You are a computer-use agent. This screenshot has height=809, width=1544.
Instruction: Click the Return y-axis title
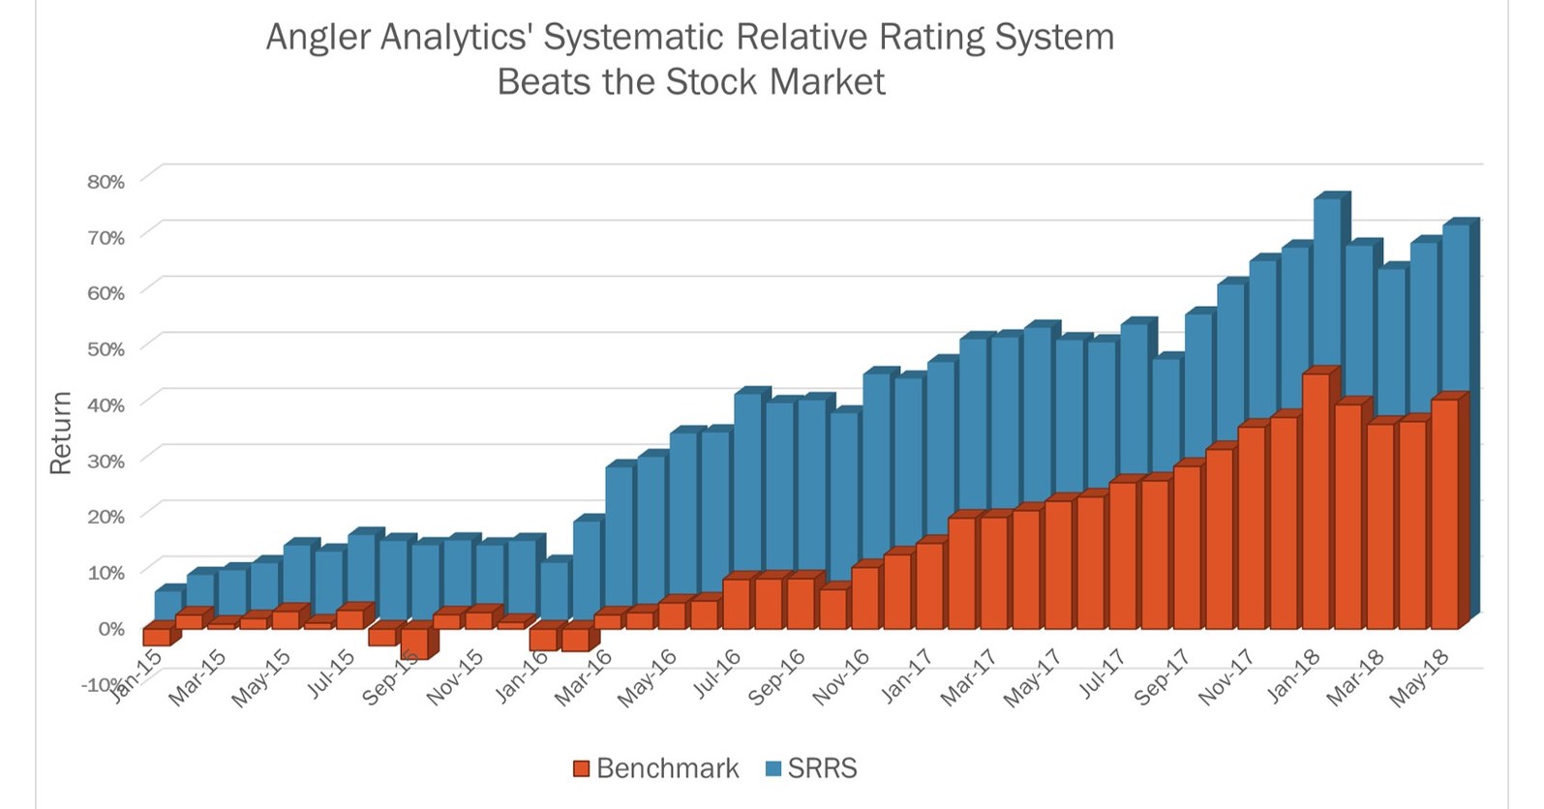tap(61, 433)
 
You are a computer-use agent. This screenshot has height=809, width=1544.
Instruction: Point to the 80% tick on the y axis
tap(106, 182)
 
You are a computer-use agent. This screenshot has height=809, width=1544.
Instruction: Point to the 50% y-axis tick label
tap(106, 349)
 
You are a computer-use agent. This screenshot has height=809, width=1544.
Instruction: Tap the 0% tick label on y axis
tap(111, 629)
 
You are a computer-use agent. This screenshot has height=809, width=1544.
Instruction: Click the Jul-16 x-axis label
tap(715, 674)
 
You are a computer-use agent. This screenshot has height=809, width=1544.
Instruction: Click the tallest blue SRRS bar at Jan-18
tap(1327, 281)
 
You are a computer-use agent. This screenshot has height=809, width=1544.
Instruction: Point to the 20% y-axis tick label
tap(106, 517)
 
